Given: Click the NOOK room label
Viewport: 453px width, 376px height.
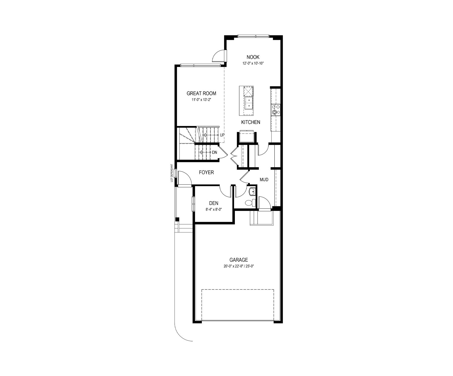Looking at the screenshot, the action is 253,57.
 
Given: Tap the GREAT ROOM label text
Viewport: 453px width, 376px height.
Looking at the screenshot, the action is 201,93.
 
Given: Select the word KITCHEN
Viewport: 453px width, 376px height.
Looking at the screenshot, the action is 251,122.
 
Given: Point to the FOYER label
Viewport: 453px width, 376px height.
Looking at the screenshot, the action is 206,173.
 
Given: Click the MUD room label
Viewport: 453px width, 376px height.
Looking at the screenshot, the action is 264,180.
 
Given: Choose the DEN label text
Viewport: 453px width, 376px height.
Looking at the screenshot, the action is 214,203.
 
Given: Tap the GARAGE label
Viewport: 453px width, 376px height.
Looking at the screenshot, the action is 238,260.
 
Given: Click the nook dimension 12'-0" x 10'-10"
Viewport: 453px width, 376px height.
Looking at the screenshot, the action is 253,64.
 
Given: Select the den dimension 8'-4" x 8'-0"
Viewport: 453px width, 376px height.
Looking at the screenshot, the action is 214,210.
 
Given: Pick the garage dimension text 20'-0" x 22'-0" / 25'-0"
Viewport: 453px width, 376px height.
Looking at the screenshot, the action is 238,266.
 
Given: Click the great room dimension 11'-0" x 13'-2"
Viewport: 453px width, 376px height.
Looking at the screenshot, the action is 202,100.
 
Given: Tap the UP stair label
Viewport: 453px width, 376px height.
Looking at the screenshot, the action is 222,135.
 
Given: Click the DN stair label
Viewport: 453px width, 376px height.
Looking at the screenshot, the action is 215,152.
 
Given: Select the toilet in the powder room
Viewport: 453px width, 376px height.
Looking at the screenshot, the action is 251,203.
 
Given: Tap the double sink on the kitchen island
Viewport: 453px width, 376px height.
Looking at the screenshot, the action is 248,103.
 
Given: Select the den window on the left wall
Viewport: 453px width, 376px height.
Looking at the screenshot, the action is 193,204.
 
